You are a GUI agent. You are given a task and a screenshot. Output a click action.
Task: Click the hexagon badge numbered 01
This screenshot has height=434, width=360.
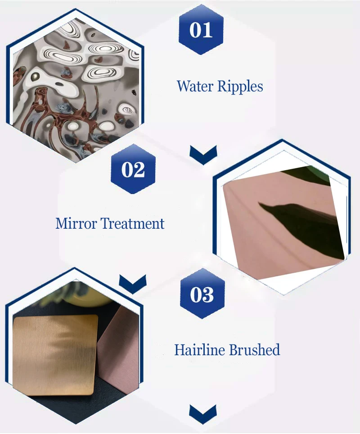click(201, 29)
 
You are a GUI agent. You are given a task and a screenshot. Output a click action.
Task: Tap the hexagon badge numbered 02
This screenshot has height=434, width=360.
click(133, 169)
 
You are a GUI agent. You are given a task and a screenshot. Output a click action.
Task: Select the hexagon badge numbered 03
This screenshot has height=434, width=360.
click(202, 294)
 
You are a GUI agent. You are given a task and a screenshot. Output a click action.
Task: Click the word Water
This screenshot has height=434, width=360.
click(195, 86)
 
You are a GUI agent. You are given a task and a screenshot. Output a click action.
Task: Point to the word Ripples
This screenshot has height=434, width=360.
click(240, 86)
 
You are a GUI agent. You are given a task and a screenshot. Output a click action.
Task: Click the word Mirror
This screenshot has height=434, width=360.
click(76, 223)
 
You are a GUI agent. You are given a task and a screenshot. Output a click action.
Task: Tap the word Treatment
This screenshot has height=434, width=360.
click(132, 223)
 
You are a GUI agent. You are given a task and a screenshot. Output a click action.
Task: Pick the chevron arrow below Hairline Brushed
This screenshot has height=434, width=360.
click(203, 414)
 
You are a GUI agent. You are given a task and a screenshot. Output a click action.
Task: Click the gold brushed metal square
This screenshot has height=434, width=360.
click(55, 355)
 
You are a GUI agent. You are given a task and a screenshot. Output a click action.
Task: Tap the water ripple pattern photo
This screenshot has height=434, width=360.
click(76, 89)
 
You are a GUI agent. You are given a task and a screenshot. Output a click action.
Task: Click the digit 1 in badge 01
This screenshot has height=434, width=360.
click(208, 30)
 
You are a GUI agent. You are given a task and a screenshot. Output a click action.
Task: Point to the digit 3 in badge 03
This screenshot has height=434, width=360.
click(208, 294)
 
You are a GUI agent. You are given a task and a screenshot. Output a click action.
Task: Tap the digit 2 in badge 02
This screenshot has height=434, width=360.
click(139, 169)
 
